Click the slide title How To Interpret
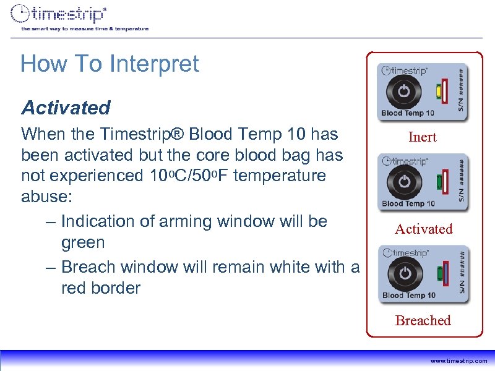pyautogui.click(x=110, y=64)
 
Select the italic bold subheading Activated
pyautogui.click(x=66, y=108)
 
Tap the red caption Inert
pyautogui.click(x=423, y=137)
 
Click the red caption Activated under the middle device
pyautogui.click(x=424, y=229)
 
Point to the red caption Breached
pyautogui.click(x=423, y=320)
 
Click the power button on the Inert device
pyautogui.click(x=403, y=91)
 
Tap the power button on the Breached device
pyautogui.click(x=403, y=273)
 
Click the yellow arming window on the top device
pyautogui.click(x=438, y=92)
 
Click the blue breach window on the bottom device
pyautogui.click(x=445, y=274)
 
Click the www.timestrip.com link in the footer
pyautogui.click(x=458, y=360)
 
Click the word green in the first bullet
pyautogui.click(x=83, y=242)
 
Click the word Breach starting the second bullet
pyautogui.click(x=89, y=267)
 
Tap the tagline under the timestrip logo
pyautogui.click(x=85, y=28)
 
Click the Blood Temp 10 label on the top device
pyautogui.click(x=408, y=113)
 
